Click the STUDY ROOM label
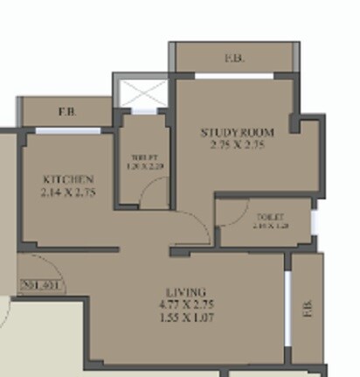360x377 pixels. click(237, 132)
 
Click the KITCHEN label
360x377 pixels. click(68, 180)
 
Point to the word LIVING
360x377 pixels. click(187, 291)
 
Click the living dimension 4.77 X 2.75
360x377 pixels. click(187, 304)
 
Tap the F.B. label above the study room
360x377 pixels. click(233, 59)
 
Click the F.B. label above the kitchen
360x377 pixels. click(66, 112)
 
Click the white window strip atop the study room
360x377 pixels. click(233, 76)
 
